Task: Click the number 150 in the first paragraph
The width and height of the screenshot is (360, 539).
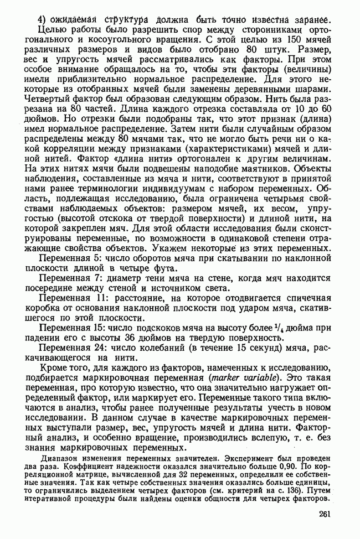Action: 284,38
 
